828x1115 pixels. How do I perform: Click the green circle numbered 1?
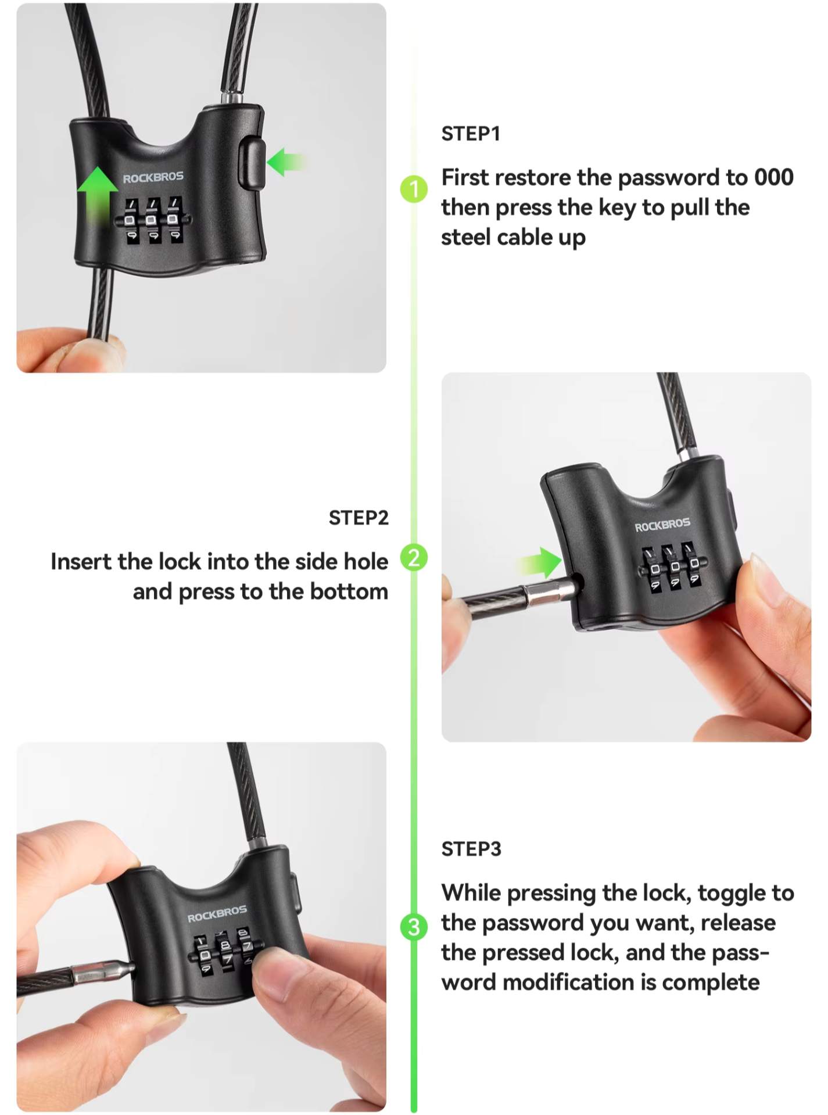point(414,189)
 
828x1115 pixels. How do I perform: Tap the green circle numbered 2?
point(414,558)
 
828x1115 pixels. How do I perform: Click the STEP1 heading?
point(471,134)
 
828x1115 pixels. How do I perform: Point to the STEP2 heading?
point(359,518)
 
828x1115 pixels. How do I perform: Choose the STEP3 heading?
point(471,849)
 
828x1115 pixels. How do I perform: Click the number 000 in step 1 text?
point(774,177)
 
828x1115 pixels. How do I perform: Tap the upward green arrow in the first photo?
point(97,195)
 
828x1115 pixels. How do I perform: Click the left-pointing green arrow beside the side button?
point(285,162)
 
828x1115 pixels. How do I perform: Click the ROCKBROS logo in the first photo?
point(153,177)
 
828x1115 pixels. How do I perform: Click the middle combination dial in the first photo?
point(153,220)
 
